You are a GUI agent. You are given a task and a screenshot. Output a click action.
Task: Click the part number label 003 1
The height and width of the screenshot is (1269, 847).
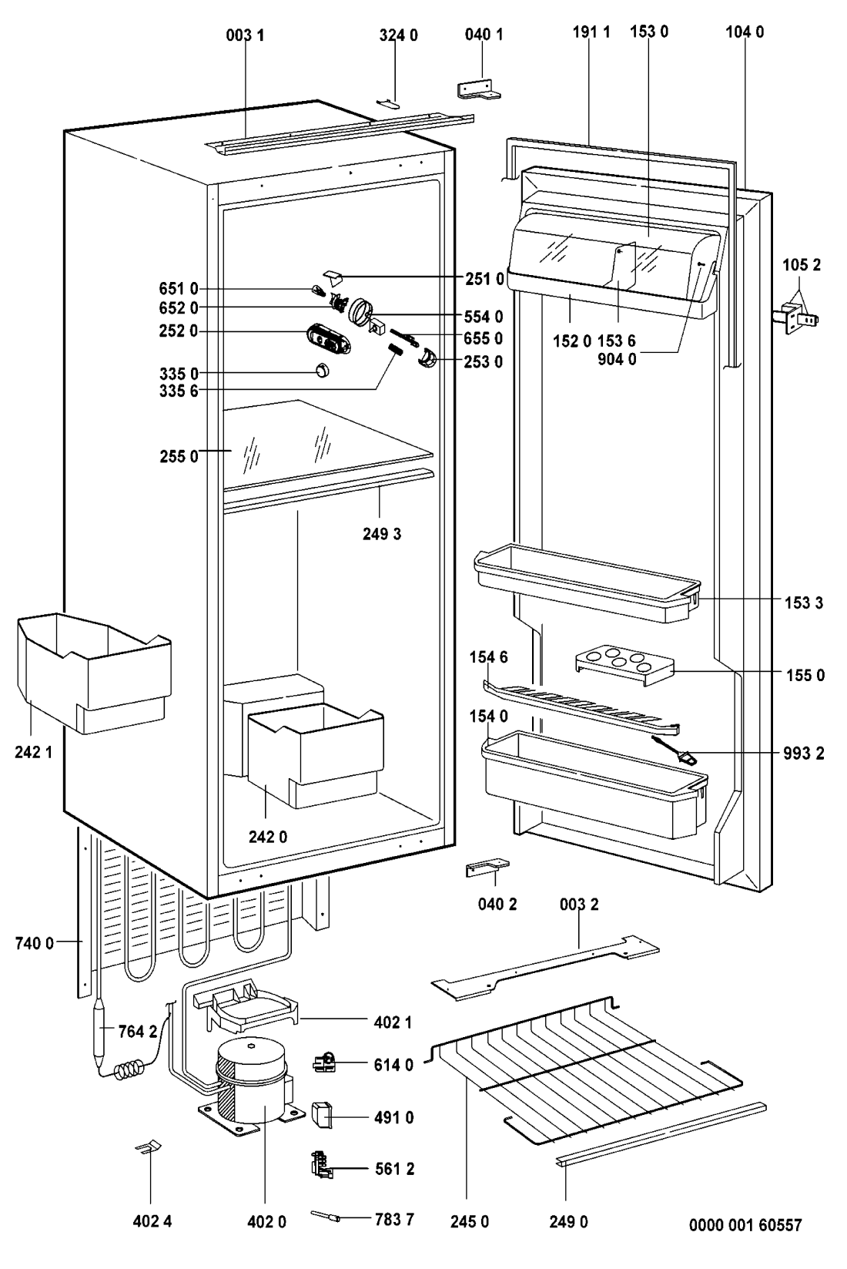[245, 35]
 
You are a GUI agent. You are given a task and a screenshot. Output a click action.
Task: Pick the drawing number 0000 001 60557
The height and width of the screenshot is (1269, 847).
[745, 1224]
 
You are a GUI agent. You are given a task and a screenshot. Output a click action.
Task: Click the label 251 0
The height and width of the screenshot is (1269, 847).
[485, 279]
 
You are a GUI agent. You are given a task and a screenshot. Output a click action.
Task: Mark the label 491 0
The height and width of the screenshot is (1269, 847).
[393, 1117]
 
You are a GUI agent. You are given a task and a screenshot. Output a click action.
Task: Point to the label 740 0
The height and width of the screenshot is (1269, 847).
[34, 942]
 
